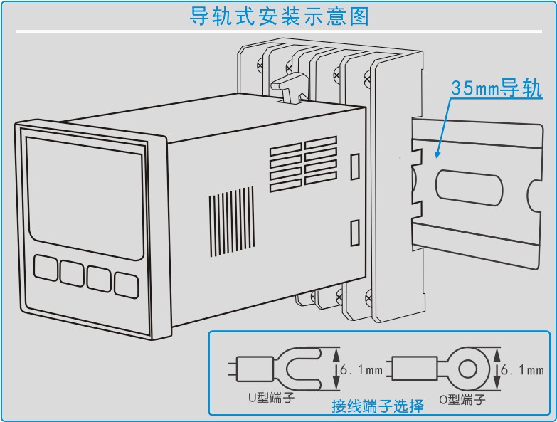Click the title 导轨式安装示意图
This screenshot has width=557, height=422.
pyautogui.click(x=280, y=16)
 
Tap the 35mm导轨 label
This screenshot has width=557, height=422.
pyautogui.click(x=496, y=89)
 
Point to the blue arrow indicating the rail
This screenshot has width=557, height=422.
pyautogui.click(x=442, y=128)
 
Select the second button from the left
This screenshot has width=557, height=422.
pyautogui.click(x=72, y=272)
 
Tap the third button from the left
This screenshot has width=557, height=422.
pyautogui.click(x=99, y=278)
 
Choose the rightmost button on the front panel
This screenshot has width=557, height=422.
pyautogui.click(x=126, y=285)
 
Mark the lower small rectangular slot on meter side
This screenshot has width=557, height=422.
pyautogui.click(x=355, y=233)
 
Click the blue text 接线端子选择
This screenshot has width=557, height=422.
pyautogui.click(x=377, y=406)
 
